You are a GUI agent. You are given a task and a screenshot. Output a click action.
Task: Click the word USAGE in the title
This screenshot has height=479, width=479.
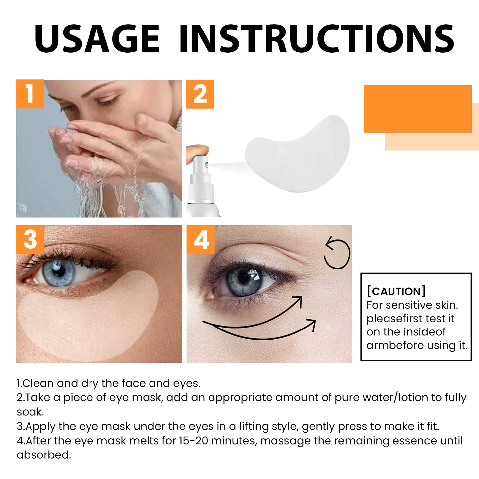97,38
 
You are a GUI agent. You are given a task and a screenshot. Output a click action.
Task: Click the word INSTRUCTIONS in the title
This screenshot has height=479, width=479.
317,38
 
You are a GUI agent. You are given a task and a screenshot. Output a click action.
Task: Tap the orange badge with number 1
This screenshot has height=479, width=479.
30,94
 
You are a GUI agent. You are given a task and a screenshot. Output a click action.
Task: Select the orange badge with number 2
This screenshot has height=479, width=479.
200,94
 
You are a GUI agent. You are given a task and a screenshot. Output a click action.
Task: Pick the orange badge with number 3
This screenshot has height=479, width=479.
30,239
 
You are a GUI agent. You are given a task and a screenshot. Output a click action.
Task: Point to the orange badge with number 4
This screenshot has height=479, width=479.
201,240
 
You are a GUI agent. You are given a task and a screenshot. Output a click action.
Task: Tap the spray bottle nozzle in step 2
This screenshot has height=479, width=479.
201,164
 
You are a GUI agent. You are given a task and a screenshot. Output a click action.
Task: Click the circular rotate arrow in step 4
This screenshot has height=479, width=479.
337,254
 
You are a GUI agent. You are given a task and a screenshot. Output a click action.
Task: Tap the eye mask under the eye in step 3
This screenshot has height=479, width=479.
90,318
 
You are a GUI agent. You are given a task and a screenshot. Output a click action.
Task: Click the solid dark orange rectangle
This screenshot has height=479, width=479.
417,109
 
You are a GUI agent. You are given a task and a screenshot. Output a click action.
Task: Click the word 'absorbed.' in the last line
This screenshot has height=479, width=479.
44,455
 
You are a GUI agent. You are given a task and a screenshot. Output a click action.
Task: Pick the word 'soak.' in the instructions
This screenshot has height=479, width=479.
30,412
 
